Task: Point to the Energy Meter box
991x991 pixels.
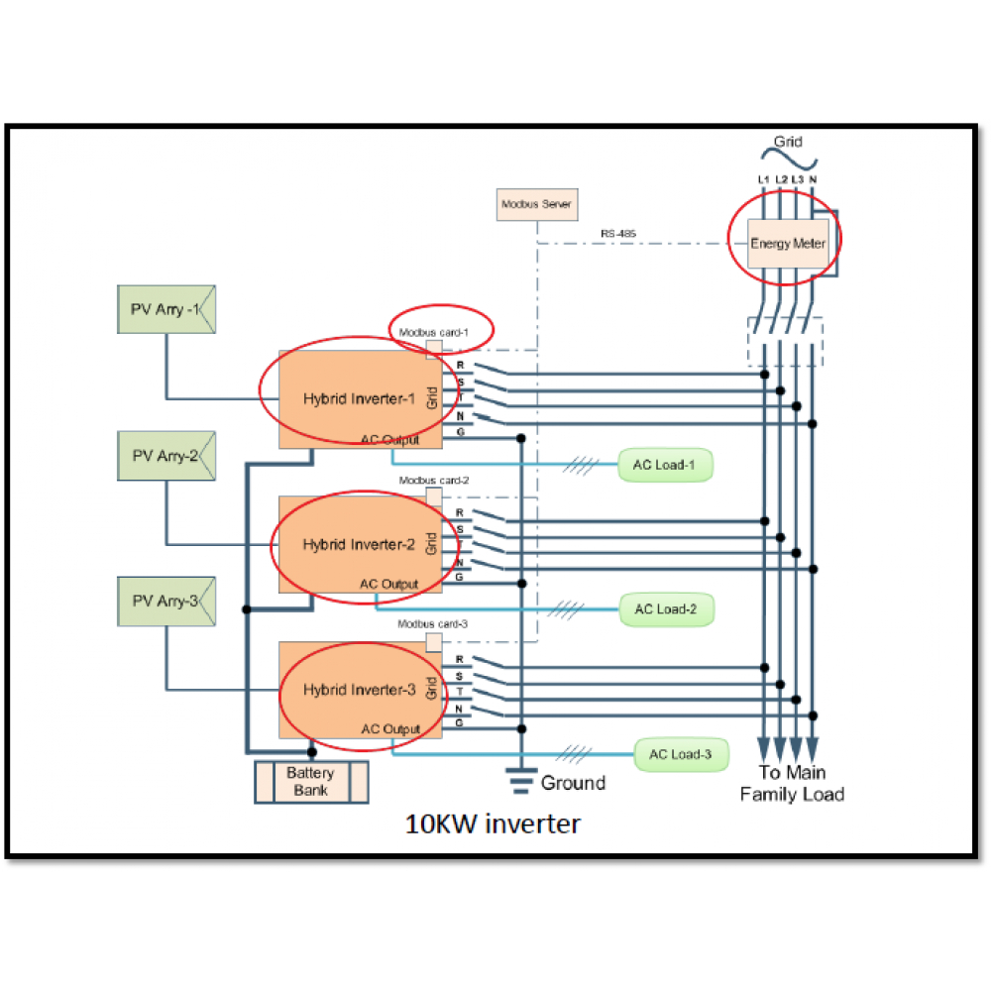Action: point(787,243)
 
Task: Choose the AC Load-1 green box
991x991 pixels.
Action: point(664,464)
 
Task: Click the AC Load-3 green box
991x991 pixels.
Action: point(680,755)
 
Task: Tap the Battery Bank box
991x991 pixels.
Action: point(311,782)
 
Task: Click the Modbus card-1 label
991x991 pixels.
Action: point(433,332)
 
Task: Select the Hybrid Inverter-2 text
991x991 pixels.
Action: point(352,545)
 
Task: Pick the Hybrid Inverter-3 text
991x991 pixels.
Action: point(352,690)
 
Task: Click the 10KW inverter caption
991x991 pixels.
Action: point(493,823)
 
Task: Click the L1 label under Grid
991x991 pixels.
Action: point(763,179)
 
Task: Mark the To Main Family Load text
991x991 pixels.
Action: point(792,783)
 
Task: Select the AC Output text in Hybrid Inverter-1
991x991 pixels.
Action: point(389,440)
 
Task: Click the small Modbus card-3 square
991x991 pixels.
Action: point(433,642)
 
